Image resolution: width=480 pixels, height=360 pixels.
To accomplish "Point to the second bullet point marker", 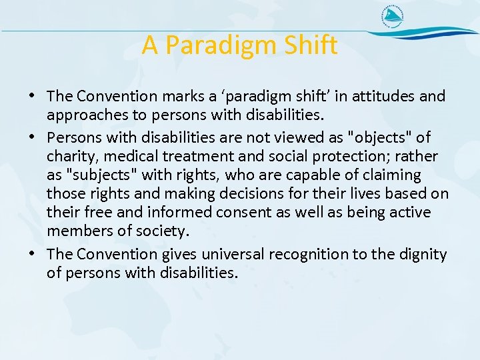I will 34,138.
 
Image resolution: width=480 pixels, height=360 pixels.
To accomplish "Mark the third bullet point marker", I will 34,255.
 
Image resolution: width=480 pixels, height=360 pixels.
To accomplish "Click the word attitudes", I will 383,97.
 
